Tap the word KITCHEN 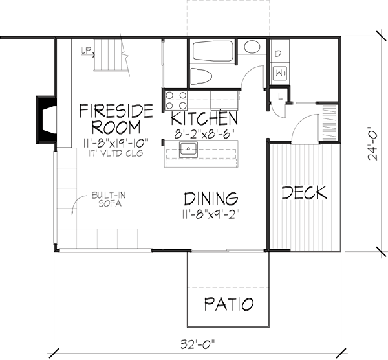click(x=204, y=119)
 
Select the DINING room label click(x=210, y=197)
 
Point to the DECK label click(x=305, y=192)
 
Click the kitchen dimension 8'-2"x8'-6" click(x=204, y=133)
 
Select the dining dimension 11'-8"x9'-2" click(x=210, y=212)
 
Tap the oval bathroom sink click(x=251, y=47)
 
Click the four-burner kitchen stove click(x=175, y=100)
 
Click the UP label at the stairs click(x=85, y=49)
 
